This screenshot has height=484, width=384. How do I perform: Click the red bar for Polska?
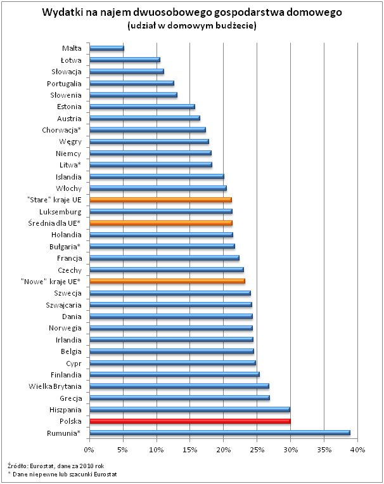point(190,421)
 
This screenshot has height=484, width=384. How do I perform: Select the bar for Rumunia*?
point(219,433)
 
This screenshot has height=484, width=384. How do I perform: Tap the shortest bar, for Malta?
point(106,48)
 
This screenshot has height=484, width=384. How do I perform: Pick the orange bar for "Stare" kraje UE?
point(160,200)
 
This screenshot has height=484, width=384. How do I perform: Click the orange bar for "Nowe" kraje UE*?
point(167,281)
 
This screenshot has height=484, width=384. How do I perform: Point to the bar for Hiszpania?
point(189,409)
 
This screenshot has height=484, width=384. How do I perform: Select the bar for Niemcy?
point(150,153)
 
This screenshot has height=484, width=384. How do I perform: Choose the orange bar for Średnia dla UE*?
point(161,223)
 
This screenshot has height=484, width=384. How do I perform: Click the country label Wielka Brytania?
point(55,386)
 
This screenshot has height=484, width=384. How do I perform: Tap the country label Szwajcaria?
point(63,304)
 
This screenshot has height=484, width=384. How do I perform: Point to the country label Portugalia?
point(64,83)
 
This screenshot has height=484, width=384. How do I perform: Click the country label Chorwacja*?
point(62,130)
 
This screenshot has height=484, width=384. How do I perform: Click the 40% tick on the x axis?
point(357,450)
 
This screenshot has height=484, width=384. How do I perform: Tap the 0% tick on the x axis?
point(89,450)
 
